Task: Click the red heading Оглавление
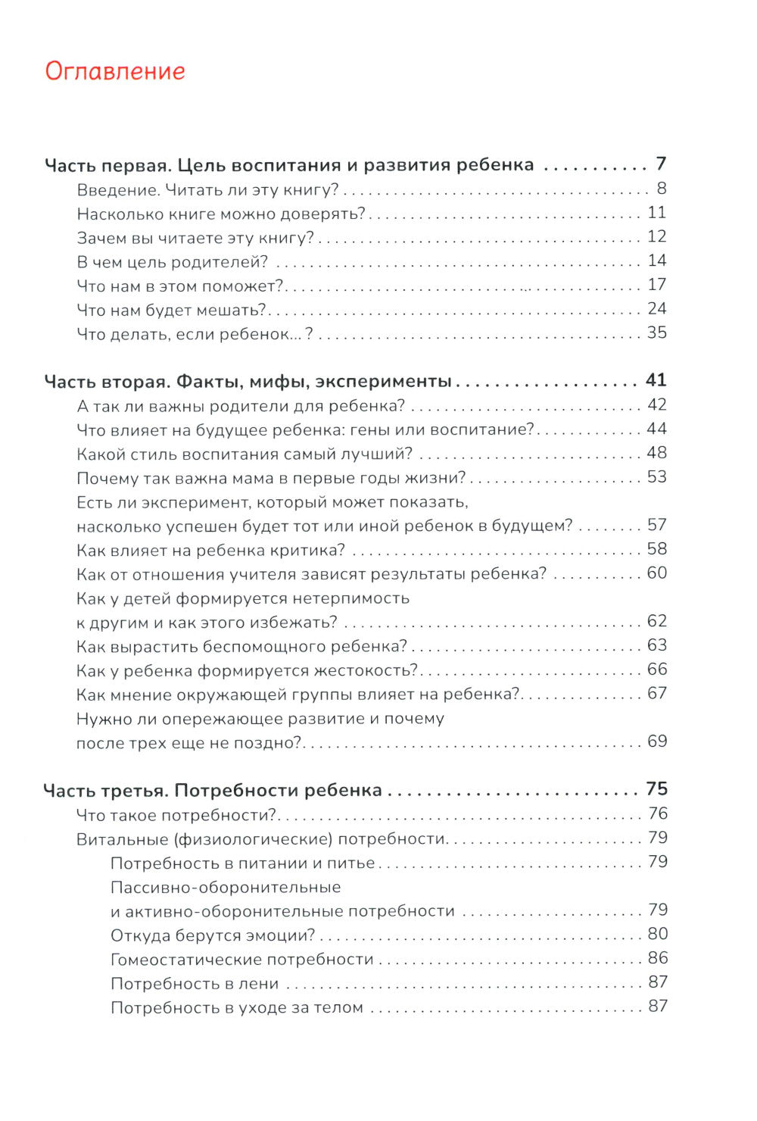[115, 70]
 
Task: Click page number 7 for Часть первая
[660, 164]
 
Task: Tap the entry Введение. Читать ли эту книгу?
[207, 189]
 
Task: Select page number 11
[656, 213]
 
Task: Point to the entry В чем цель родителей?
[173, 262]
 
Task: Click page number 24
[656, 309]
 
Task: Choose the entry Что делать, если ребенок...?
[195, 333]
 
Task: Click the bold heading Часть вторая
[247, 381]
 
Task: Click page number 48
[656, 453]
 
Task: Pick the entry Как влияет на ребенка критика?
[210, 550]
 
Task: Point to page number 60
[656, 573]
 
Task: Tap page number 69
[656, 742]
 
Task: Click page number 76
[657, 814]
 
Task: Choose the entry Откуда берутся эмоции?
[213, 935]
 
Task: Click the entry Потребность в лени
[195, 984]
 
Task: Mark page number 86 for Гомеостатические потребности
[657, 959]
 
